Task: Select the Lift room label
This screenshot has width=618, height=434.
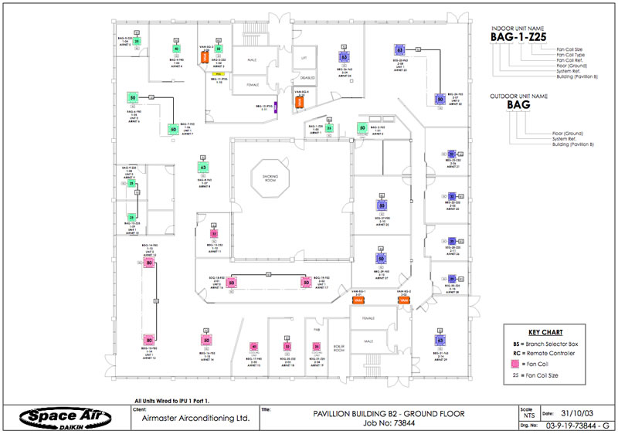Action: tap(304, 58)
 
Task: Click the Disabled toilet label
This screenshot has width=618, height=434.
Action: tap(304, 78)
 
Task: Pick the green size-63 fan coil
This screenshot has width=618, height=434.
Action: tap(203, 167)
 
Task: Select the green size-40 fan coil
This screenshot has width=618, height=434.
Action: tap(177, 49)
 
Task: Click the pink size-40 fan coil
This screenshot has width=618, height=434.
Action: tap(254, 347)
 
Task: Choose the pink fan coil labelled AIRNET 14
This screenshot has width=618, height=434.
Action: tap(206, 341)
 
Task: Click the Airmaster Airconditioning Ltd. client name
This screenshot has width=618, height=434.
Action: tap(192, 419)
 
